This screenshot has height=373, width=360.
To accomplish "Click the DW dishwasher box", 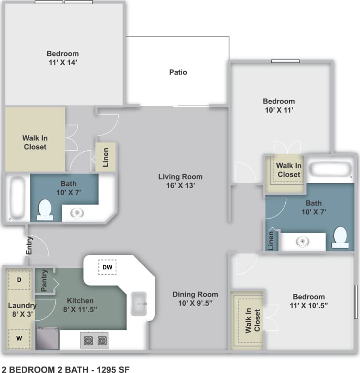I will click(107, 267).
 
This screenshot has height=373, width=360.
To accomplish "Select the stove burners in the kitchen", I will click(95, 340).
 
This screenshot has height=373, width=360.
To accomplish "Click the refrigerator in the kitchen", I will click(48, 338).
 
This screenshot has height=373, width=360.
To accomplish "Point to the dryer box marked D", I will click(19, 280).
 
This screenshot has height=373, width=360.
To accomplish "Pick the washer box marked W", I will click(19, 338).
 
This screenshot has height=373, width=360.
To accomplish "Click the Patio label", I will click(178, 72).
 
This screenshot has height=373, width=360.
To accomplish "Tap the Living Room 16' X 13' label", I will click(180, 181).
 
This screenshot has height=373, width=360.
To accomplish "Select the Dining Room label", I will click(195, 298).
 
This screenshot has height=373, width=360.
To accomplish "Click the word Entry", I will click(30, 245).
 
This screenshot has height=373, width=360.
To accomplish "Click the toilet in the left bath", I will click(45, 210).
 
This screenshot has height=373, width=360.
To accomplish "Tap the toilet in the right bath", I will click(340, 237).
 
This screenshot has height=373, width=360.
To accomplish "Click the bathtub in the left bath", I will click(18, 198).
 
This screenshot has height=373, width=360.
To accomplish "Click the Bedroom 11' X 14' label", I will click(63, 58).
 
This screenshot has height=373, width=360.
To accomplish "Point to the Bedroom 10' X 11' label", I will click(279, 105).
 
